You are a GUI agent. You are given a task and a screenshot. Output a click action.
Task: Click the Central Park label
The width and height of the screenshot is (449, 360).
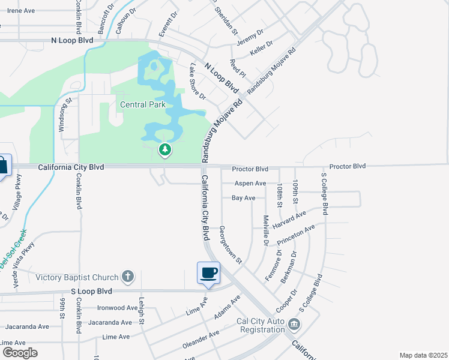click(142, 104)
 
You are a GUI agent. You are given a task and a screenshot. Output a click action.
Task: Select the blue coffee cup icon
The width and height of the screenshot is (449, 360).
click(208, 273)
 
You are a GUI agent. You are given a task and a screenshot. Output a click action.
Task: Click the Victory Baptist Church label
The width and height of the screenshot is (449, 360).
click(77, 277)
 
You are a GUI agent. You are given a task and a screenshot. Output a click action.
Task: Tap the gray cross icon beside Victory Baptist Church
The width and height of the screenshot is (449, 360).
click(127, 277)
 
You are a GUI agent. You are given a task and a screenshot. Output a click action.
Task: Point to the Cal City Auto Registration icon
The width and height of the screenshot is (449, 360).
click(294, 325)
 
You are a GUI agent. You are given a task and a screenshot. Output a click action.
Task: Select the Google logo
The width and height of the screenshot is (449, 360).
click(19, 352)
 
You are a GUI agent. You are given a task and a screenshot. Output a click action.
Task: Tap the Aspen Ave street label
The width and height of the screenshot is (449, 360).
click(250, 183)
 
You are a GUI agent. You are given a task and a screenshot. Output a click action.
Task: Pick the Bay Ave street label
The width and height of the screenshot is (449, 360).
click(244, 197)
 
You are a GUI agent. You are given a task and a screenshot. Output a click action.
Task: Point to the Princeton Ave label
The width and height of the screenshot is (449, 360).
click(295, 236)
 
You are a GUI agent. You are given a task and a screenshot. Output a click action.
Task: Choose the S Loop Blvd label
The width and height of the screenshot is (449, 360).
click(92, 291)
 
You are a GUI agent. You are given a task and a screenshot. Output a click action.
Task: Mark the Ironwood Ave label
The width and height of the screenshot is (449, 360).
click(118, 308)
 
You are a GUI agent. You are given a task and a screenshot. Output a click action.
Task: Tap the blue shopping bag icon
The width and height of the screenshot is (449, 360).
click(2, 165)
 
